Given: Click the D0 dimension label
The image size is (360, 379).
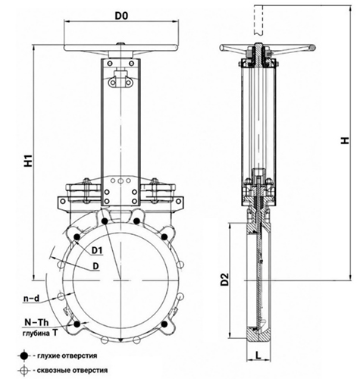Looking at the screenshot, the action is tap(121, 16).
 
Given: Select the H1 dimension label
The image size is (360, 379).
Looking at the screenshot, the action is tap(28, 161).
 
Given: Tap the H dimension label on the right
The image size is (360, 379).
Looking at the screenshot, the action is tap(345, 140).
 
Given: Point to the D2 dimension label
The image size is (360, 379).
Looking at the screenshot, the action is tap(224, 279).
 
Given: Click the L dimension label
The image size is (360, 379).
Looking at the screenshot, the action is tap(258, 356).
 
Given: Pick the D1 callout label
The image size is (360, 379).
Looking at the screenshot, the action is tap(97, 250).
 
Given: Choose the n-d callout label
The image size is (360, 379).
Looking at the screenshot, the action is tap(32, 299).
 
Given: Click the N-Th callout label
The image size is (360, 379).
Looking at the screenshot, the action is tap(36, 322).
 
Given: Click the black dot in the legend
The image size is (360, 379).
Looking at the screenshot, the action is tap(24, 356).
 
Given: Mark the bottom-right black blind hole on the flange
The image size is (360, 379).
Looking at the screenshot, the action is tap(164, 324).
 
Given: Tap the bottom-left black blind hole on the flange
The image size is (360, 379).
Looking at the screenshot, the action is tap(77, 324).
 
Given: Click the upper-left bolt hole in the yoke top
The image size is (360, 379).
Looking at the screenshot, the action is tap(110, 63).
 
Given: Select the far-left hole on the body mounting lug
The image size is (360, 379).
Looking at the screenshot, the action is tap(62, 202).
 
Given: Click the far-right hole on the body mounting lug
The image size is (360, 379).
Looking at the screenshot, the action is tap(179, 202).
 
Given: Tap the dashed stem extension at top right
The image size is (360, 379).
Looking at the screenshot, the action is tap(258, 20).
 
